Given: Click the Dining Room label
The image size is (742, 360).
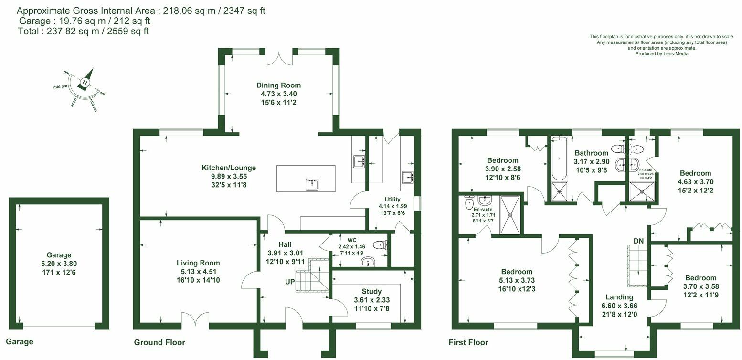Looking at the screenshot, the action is (278, 85).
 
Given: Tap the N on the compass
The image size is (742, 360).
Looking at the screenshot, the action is (85, 83).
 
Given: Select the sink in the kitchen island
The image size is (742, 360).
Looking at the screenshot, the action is (312, 184).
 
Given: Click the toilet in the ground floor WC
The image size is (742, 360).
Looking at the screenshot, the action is (381, 245).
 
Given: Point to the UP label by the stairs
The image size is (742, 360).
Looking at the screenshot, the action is (290, 282).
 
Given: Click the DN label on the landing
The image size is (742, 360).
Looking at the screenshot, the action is (639, 241).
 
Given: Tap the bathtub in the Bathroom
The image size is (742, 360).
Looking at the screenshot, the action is (560, 159).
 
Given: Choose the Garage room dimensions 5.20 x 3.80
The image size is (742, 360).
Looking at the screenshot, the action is (59, 264).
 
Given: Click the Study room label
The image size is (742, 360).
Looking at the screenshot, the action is (371, 291).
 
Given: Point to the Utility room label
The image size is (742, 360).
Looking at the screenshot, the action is (392, 200).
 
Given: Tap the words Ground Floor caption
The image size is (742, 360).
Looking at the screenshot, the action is (159, 342).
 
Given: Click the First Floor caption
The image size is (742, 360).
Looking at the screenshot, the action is (468, 342).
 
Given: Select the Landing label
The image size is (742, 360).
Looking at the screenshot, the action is (619, 297).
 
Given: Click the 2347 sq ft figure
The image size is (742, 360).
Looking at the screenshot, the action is (244, 11).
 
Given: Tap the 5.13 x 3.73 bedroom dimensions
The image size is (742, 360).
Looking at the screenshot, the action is (517, 280).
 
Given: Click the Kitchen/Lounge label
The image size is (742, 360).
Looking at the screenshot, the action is (229, 168).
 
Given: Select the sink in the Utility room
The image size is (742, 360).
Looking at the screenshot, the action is (407, 178).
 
